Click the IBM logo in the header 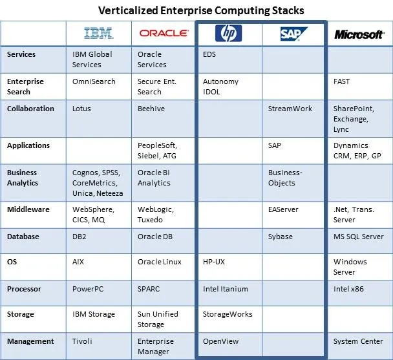pyautogui.click(x=98, y=33)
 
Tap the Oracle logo pyautogui.click(x=164, y=34)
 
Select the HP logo pyautogui.click(x=228, y=33)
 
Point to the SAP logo pyautogui.click(x=293, y=34)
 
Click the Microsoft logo pyautogui.click(x=359, y=34)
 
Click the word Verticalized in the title pyautogui.click(x=128, y=10)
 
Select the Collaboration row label pyautogui.click(x=30, y=109)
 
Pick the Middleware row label pyautogui.click(x=28, y=209)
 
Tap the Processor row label pyautogui.click(x=24, y=289)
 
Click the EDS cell pyautogui.click(x=209, y=54)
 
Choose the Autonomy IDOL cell pyautogui.click(x=220, y=87)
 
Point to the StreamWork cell pyautogui.click(x=290, y=109)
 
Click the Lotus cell pyautogui.click(x=81, y=109)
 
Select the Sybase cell pyautogui.click(x=281, y=237)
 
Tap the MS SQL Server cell pyautogui.click(x=358, y=237)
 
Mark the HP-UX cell pyautogui.click(x=214, y=262)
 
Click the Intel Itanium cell pyautogui.click(x=226, y=289)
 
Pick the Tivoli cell pyautogui.click(x=82, y=341)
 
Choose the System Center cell pyautogui.click(x=358, y=341)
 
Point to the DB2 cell pyautogui.click(x=80, y=237)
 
